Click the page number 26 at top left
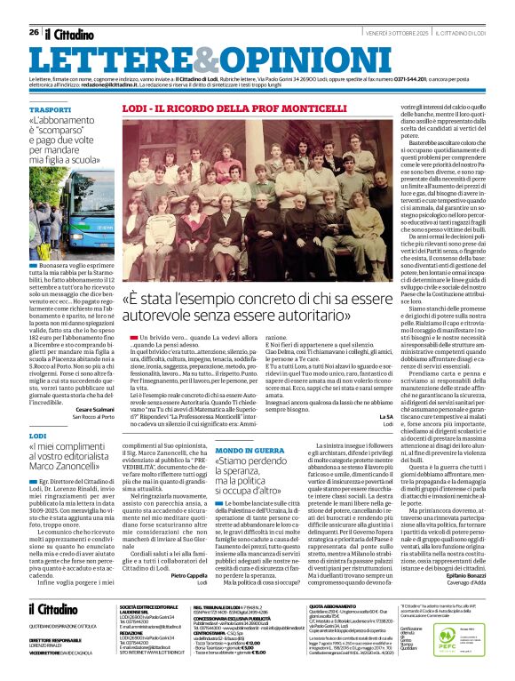click(x=34, y=32)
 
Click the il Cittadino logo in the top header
click(x=69, y=33)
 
